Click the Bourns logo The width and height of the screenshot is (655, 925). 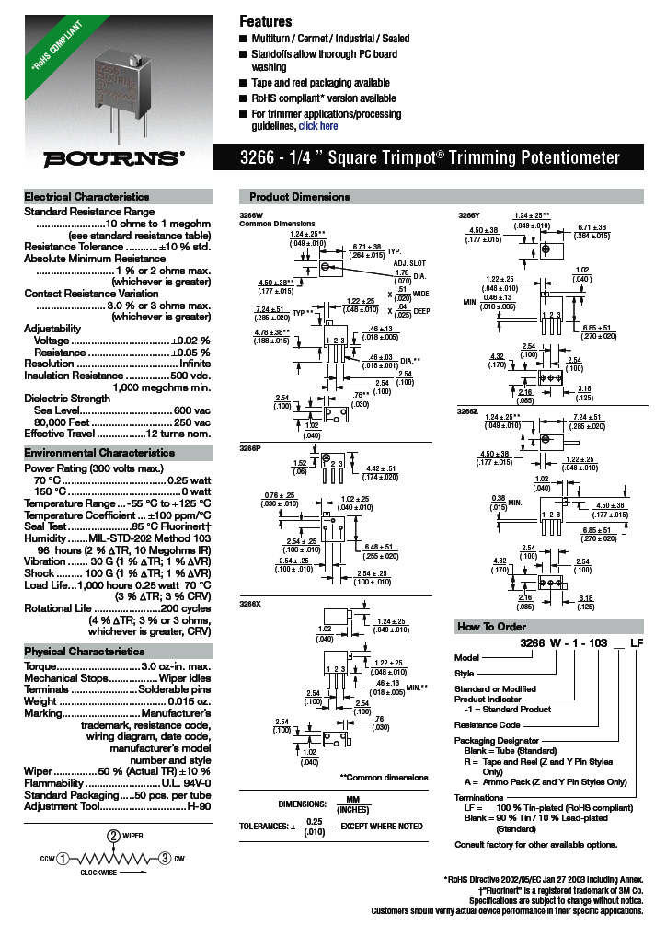click(x=115, y=157)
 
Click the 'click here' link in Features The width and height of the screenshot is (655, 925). click(x=317, y=126)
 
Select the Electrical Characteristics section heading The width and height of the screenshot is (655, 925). click(x=86, y=197)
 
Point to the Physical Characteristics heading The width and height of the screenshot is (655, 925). click(x=85, y=652)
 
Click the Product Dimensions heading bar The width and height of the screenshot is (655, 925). click(x=300, y=197)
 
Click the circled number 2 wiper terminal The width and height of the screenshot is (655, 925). click(x=113, y=836)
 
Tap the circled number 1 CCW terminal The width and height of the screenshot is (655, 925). click(x=62, y=859)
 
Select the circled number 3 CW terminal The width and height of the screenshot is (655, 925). click(x=164, y=859)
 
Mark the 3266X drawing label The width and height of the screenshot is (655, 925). click(x=249, y=603)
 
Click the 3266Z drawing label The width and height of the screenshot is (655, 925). click(x=467, y=410)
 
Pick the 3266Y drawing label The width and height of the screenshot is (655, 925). click(x=468, y=215)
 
